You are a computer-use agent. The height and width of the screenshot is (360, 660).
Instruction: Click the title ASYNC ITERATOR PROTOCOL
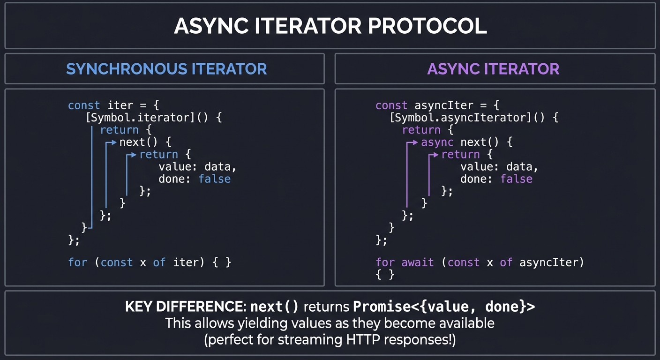(x=330, y=26)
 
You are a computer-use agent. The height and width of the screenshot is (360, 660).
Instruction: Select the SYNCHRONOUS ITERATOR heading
(x=166, y=69)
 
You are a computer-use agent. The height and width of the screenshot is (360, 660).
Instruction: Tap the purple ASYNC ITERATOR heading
(x=493, y=69)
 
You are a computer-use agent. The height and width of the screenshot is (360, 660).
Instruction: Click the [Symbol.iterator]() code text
(x=153, y=117)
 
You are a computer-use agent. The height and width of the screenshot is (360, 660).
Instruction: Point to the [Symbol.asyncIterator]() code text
(x=473, y=117)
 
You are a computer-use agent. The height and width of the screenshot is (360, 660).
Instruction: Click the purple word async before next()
(x=437, y=142)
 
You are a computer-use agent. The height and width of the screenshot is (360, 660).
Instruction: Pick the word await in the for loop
(x=418, y=262)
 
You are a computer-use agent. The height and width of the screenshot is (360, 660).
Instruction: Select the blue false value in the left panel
(x=214, y=179)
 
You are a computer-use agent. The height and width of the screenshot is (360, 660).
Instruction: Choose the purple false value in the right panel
(x=516, y=179)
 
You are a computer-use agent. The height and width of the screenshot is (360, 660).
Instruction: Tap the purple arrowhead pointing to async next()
(x=415, y=142)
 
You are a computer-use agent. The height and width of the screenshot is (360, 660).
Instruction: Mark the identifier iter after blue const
(x=120, y=105)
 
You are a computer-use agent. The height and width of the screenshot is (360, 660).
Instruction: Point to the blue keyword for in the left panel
(x=78, y=262)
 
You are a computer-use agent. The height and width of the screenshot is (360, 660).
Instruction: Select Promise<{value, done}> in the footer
(x=443, y=307)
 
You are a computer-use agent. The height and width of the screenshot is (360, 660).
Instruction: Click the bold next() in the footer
(x=274, y=307)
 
